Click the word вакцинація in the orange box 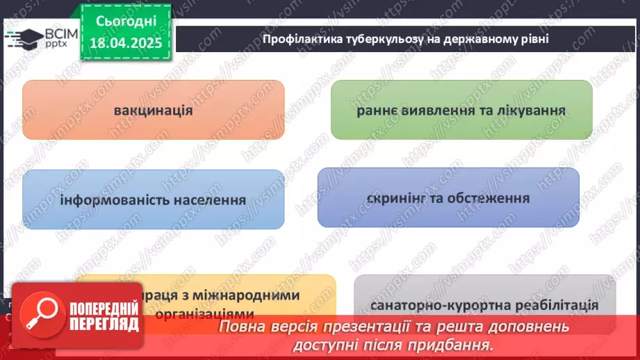click(154, 110)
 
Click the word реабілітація click(553, 306)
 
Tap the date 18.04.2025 click(125, 43)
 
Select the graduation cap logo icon click(23, 38)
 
